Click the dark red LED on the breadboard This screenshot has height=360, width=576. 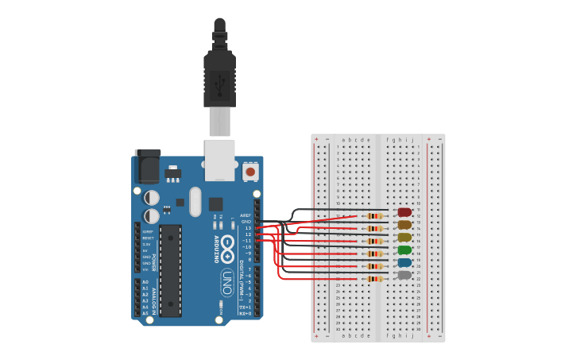pyautogui.click(x=404, y=212)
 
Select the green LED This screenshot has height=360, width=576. pyautogui.click(x=404, y=250)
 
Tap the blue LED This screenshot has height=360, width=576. pyautogui.click(x=404, y=262)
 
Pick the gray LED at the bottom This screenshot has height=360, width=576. pyautogui.click(x=404, y=275)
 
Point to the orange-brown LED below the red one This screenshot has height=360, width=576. pyautogui.click(x=404, y=224)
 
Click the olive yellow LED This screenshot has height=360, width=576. pyautogui.click(x=404, y=237)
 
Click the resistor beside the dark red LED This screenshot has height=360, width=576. pyautogui.click(x=375, y=215)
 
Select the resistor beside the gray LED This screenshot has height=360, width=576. pyautogui.click(x=375, y=278)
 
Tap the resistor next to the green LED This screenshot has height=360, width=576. pyautogui.click(x=375, y=253)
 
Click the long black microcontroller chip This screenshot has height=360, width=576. pyautogui.click(x=170, y=270)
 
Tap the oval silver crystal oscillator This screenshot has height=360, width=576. pyautogui.click(x=195, y=202)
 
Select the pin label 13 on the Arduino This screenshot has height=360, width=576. pyautogui.click(x=248, y=228)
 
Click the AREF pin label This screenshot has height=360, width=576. pyautogui.click(x=246, y=215)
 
